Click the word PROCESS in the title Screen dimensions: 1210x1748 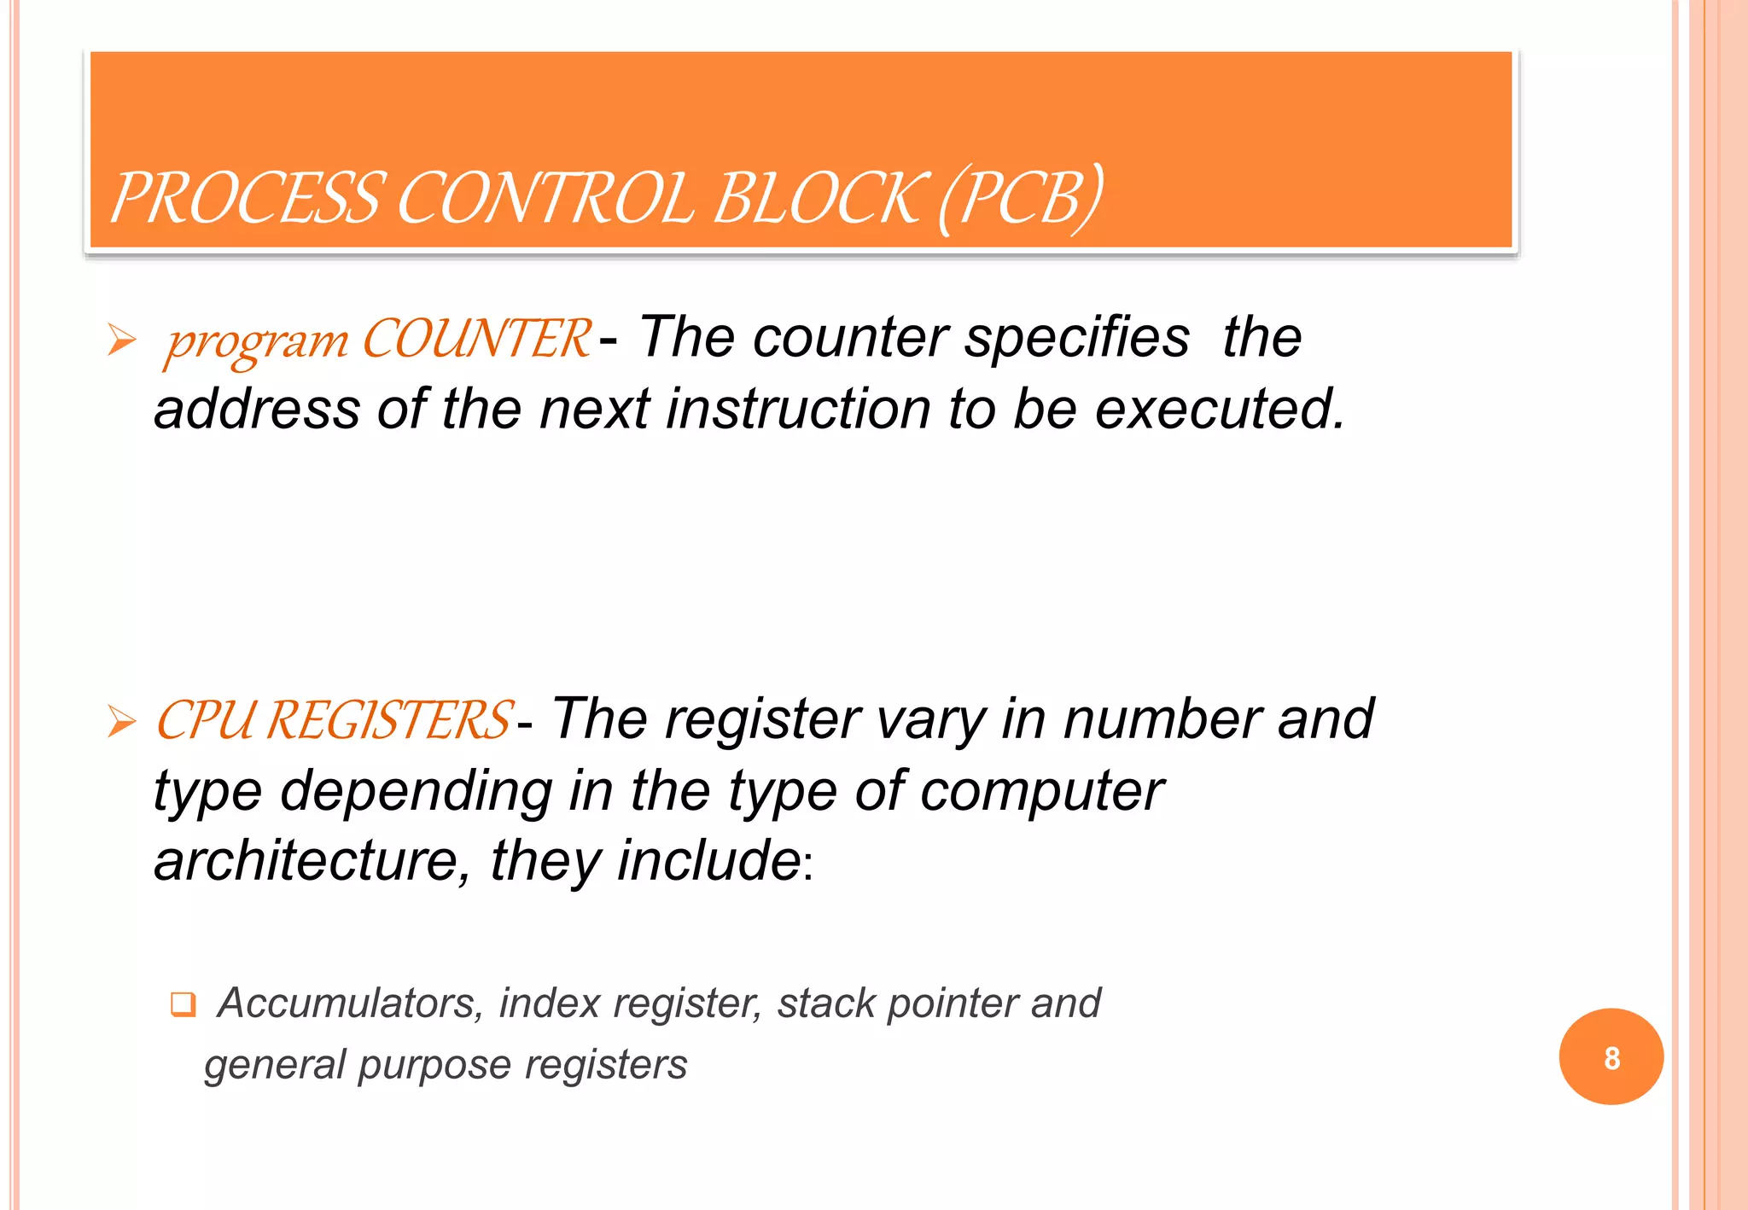click(245, 198)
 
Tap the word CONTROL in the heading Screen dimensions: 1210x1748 click(546, 198)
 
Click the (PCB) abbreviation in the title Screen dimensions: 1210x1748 click(1021, 198)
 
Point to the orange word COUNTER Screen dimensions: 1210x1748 click(476, 339)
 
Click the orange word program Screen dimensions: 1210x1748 click(257, 341)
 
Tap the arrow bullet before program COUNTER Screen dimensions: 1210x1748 click(122, 340)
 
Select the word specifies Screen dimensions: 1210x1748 click(1077, 337)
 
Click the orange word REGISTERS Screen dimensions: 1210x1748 click(389, 720)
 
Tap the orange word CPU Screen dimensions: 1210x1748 click(205, 720)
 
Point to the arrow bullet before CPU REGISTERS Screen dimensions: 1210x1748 click(122, 722)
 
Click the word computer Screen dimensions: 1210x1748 click(1041, 791)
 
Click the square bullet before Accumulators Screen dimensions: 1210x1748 click(183, 1003)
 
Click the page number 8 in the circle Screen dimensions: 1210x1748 click(1611, 1058)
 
